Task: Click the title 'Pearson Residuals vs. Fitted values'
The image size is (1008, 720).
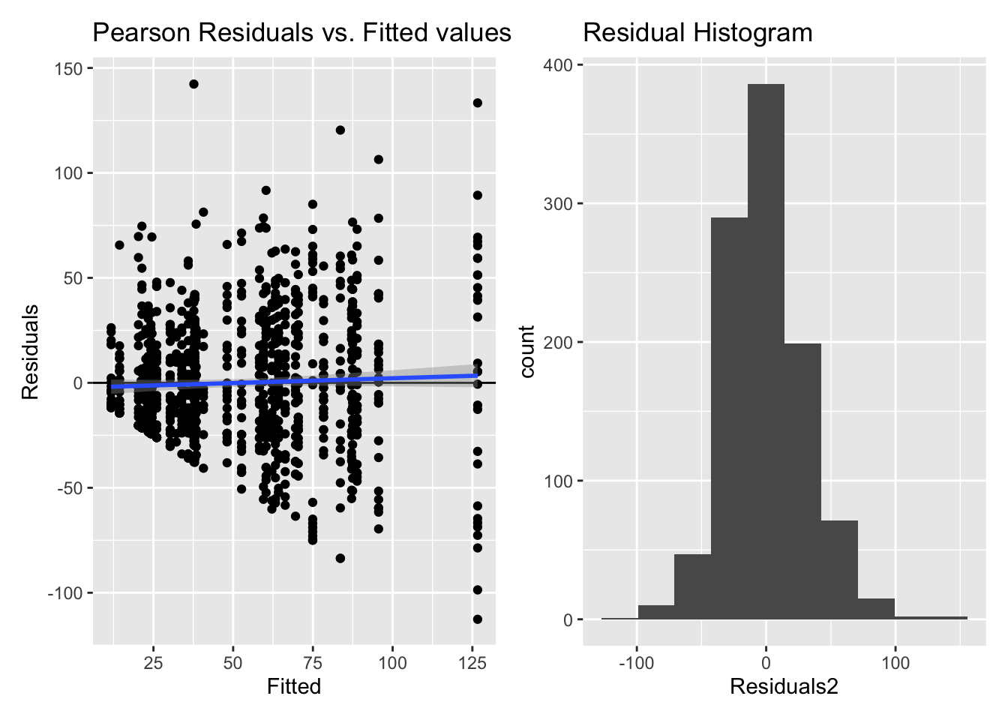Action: pos(301,33)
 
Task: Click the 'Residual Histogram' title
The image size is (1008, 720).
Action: pos(697,33)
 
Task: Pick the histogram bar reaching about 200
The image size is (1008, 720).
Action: pos(802,481)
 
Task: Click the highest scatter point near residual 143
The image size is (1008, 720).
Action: pos(193,84)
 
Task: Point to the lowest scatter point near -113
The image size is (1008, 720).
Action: pos(477,619)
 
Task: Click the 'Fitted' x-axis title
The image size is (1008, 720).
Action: pos(293,686)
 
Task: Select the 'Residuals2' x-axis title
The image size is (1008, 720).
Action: pos(783,686)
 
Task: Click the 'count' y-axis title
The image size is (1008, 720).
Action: pos(527,351)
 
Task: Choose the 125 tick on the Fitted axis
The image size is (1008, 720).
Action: pos(472,663)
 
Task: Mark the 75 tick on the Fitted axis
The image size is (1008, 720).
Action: pos(313,663)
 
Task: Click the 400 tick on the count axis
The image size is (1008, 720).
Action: pos(558,65)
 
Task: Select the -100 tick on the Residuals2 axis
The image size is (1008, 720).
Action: pos(637,663)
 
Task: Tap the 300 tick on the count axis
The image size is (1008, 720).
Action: pos(558,204)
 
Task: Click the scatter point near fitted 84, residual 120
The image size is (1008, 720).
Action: pos(340,130)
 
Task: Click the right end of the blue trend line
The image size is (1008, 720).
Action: pos(476,375)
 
